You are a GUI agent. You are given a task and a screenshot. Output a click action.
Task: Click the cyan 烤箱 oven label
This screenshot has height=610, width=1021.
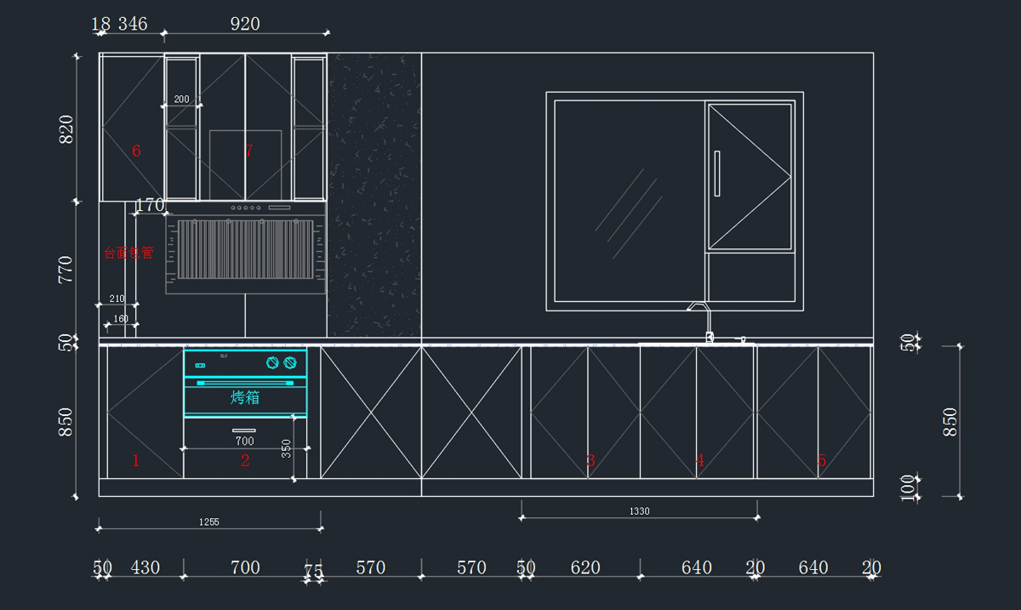[245, 397]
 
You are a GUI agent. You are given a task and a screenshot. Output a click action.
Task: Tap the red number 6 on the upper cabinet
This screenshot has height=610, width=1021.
[136, 151]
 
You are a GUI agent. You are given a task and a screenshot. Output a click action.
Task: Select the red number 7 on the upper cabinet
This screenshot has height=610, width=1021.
[248, 151]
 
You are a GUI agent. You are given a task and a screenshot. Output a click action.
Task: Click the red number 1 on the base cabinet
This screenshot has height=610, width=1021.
[135, 461]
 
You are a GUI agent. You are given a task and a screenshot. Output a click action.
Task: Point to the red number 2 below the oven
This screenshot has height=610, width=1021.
[245, 461]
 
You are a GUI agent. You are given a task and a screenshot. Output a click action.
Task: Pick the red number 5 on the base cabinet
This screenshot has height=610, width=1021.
[821, 461]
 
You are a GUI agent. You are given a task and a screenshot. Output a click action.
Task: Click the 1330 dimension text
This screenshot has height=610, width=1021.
[639, 511]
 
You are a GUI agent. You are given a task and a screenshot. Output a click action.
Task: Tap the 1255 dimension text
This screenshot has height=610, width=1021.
[208, 522]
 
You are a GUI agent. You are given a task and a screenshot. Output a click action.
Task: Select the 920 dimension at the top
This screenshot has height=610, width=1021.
[245, 24]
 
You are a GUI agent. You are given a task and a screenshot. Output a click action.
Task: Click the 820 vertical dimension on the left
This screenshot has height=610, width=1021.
[66, 129]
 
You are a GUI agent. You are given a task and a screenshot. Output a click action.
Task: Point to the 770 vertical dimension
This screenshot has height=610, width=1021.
[66, 270]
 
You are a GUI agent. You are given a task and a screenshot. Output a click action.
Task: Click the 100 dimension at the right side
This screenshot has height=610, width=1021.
[908, 487]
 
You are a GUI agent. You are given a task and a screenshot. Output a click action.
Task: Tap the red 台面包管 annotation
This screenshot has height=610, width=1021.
[128, 253]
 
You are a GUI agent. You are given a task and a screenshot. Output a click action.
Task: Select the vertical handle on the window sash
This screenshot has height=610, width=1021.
[717, 173]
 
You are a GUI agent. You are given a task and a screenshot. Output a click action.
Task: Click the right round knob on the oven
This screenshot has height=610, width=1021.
[291, 363]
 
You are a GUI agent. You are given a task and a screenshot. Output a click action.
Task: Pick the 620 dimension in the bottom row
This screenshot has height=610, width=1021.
[585, 567]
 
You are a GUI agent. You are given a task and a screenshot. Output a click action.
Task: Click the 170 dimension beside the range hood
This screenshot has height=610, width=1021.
[150, 205]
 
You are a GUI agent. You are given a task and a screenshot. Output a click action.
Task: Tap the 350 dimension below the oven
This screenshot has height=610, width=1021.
[287, 448]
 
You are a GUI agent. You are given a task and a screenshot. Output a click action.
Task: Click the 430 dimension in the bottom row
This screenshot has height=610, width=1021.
[145, 567]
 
